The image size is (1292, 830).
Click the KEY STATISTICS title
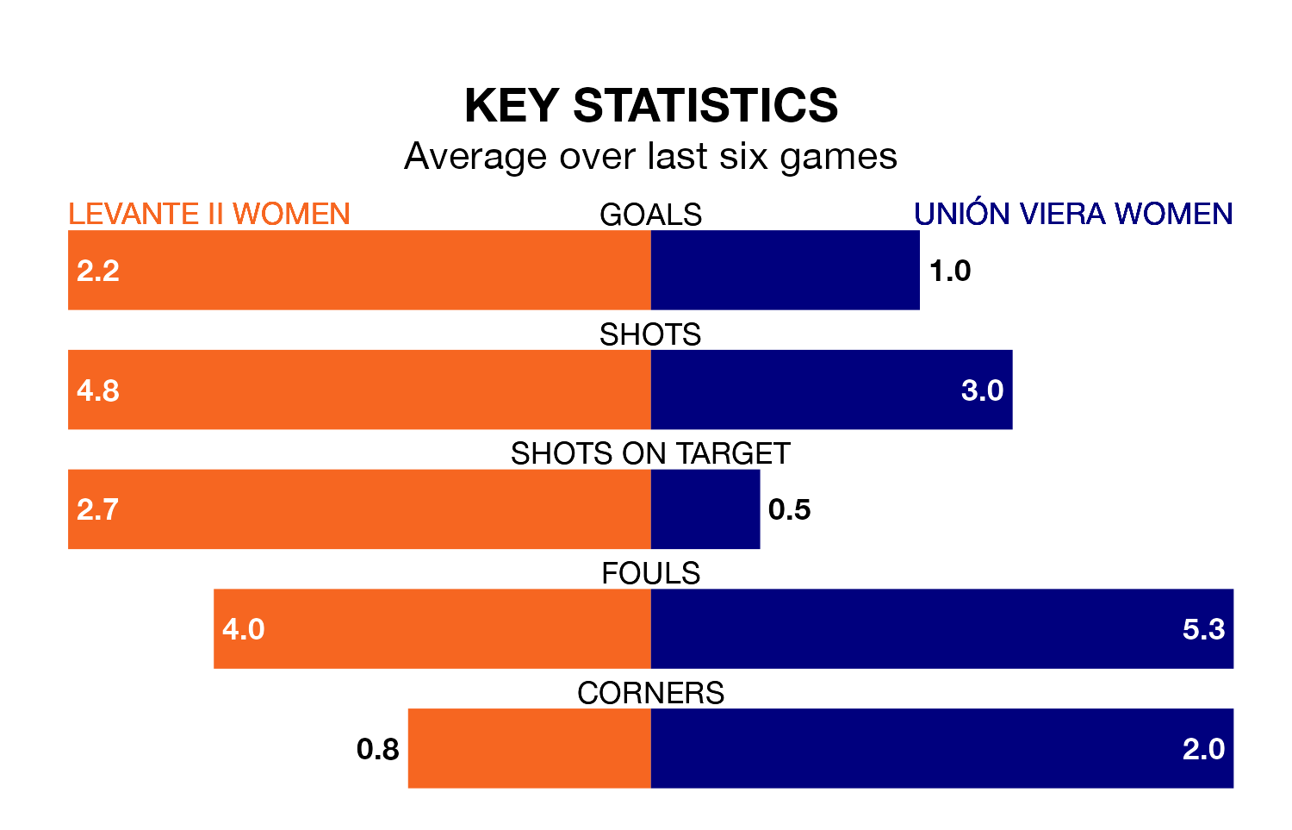650,106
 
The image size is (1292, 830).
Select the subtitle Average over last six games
650,157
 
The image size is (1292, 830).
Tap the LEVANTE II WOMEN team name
209,214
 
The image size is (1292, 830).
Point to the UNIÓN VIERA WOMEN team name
1073,214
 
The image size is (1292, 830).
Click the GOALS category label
650,215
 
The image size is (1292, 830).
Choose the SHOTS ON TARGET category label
650,453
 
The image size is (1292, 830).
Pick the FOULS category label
650,573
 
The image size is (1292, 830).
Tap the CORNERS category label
650,693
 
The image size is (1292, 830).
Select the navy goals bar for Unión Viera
785,270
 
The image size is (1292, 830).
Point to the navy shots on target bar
705,509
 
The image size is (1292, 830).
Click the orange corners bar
529,748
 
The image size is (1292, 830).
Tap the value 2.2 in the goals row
98,271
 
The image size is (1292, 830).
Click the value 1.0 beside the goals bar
950,271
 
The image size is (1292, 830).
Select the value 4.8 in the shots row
98,390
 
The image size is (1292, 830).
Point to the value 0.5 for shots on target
789,509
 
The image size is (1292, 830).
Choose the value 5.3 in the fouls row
1203,629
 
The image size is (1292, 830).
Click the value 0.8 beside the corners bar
378,749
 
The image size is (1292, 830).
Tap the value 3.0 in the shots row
982,390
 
